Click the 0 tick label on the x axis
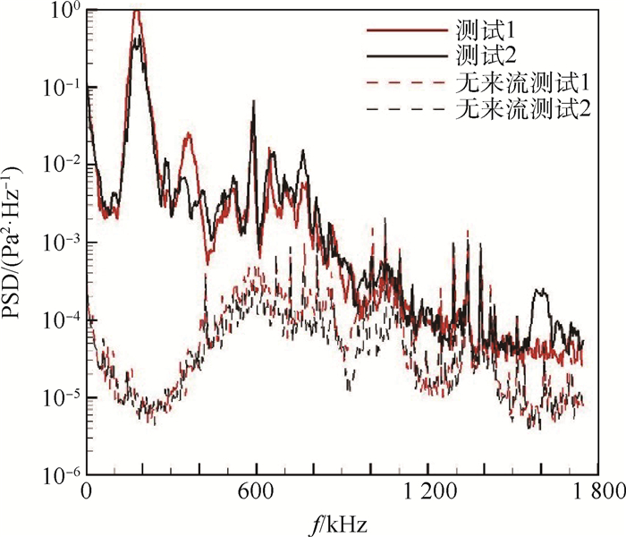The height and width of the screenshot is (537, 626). (x=87, y=491)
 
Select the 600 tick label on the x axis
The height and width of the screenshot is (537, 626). (x=257, y=491)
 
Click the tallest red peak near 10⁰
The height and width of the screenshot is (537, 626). (x=136, y=12)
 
